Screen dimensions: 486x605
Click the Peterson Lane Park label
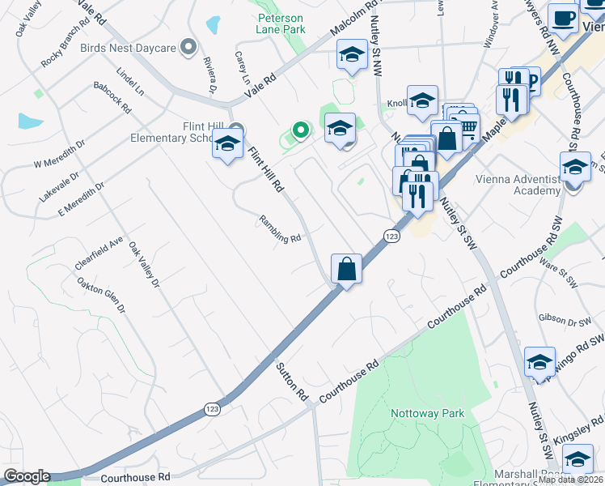(281, 23)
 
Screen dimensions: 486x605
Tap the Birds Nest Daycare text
(128, 48)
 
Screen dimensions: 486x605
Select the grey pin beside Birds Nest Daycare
(188, 47)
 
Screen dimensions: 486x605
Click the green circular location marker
(300, 129)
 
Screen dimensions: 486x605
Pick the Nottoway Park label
(427, 413)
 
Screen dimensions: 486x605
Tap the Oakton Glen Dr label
(102, 296)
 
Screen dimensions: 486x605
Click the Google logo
(27, 476)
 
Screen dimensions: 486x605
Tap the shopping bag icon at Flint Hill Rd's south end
(346, 268)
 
